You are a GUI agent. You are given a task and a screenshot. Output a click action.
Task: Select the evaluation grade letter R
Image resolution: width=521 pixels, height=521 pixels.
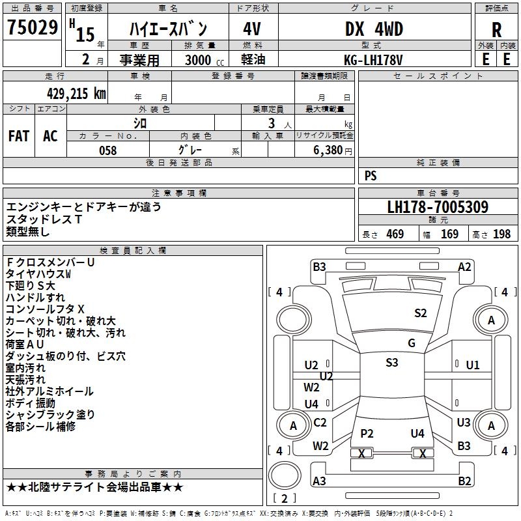click(x=496, y=30)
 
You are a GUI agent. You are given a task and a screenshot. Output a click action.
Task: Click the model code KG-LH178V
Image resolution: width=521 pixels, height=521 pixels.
click(x=373, y=59)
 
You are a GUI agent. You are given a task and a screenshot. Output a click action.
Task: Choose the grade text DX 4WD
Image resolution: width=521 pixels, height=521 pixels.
click(x=374, y=29)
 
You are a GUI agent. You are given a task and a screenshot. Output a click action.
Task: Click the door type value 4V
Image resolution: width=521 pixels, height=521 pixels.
click(x=252, y=29)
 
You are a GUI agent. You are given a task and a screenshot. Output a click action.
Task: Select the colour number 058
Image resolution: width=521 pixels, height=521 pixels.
click(x=107, y=150)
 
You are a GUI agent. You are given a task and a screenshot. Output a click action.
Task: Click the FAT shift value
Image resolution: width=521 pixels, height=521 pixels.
click(x=19, y=136)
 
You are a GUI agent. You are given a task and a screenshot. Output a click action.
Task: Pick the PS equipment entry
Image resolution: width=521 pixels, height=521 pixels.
click(x=371, y=176)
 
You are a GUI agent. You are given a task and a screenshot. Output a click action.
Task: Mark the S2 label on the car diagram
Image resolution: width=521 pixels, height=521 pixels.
click(x=421, y=313)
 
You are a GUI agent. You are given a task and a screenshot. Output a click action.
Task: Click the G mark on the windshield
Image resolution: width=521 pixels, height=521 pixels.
click(x=412, y=343)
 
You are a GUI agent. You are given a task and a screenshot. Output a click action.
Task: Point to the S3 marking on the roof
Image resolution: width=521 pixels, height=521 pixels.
click(x=391, y=363)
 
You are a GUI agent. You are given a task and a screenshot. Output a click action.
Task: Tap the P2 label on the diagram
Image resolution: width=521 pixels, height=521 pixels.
click(x=367, y=433)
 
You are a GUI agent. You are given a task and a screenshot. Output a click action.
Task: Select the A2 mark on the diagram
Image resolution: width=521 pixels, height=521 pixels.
click(x=464, y=266)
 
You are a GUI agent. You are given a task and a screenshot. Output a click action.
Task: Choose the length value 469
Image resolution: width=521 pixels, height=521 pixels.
click(x=395, y=234)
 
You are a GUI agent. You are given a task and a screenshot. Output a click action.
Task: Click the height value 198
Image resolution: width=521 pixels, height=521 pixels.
click(x=502, y=234)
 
